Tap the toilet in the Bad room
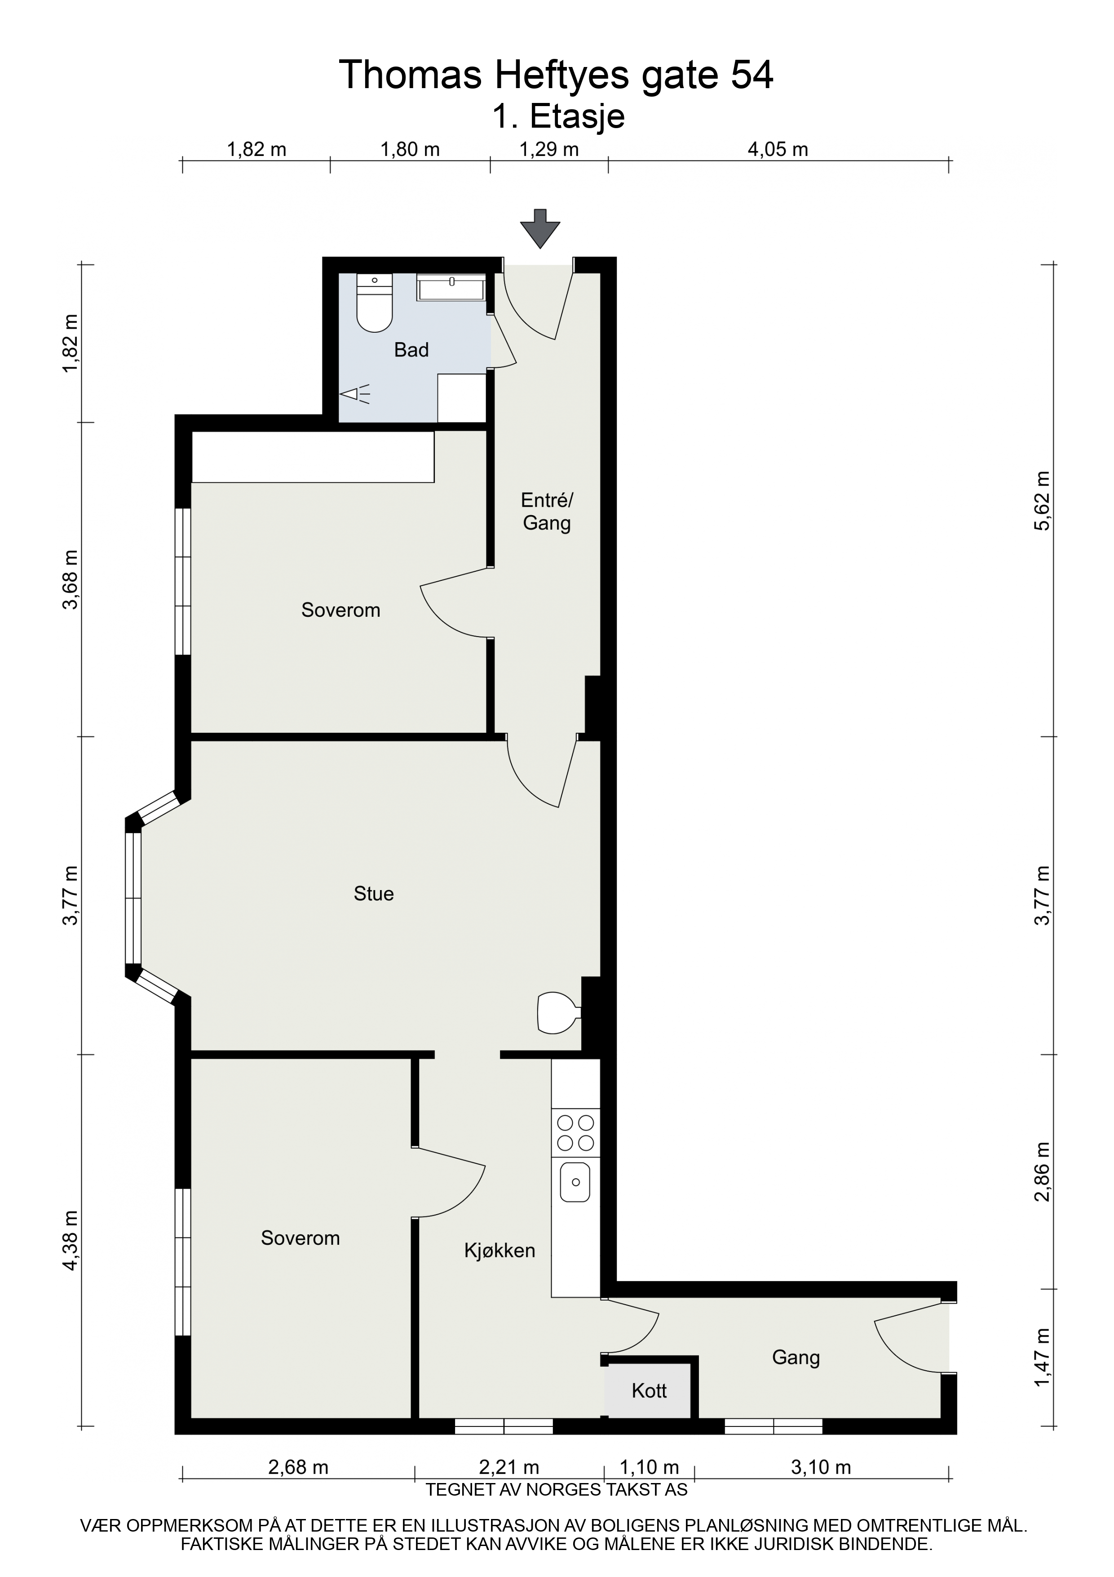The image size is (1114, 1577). pyautogui.click(x=374, y=303)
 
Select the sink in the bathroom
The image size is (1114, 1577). pyautogui.click(x=451, y=287)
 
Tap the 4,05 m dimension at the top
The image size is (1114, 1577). pyautogui.click(x=778, y=149)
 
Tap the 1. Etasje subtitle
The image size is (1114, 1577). pyautogui.click(x=559, y=117)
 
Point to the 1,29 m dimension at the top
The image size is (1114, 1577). pyautogui.click(x=549, y=149)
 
